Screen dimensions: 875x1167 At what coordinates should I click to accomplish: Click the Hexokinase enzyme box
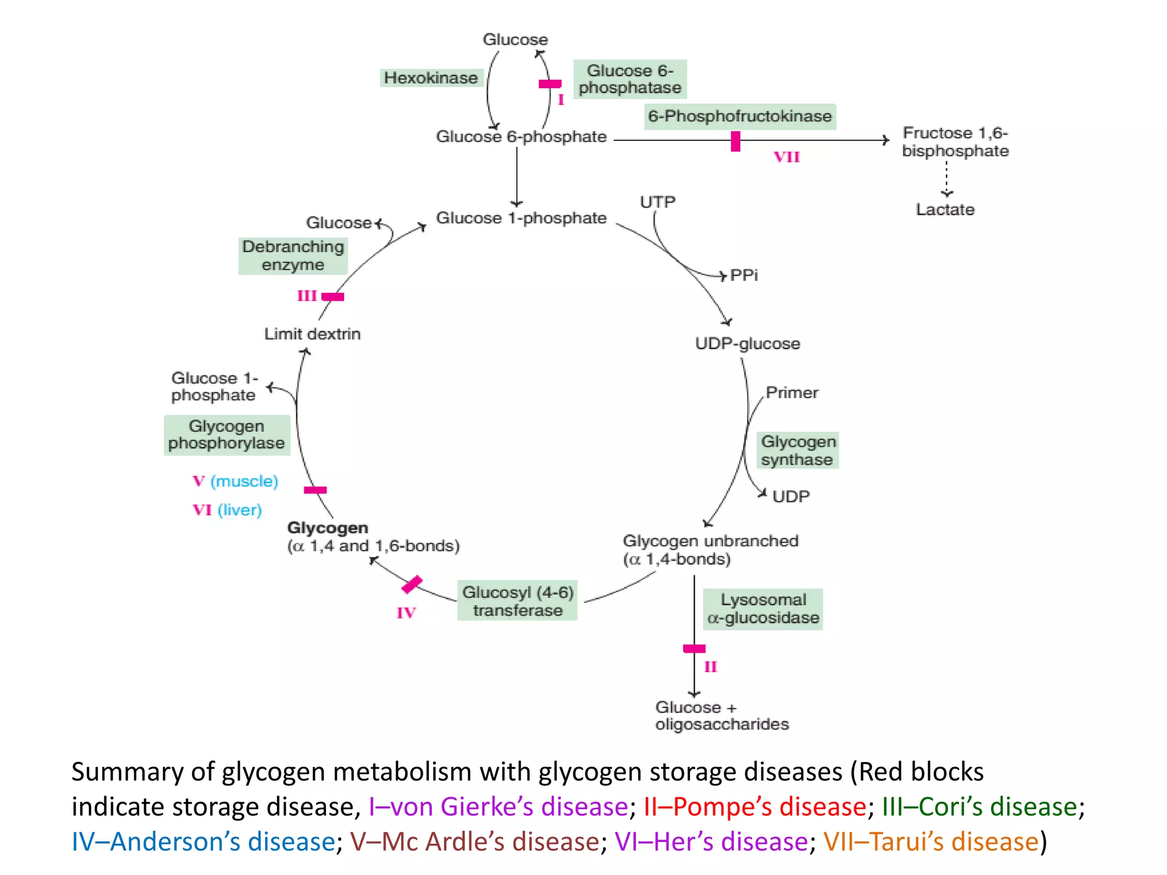pos(431,78)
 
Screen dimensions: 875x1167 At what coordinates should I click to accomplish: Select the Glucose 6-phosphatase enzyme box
pos(630,79)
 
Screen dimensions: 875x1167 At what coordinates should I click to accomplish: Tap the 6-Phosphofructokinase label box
pos(740,116)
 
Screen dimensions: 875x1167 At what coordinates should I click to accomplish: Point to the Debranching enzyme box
pos(293,256)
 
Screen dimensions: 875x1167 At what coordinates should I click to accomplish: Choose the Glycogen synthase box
pos(798,451)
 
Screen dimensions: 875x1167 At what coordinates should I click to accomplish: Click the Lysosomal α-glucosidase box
pos(763,609)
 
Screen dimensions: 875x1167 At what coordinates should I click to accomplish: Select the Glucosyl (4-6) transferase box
pos(517,601)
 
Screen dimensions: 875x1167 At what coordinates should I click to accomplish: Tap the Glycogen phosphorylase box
pos(227,435)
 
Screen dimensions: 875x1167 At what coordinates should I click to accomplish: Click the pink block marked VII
pos(736,141)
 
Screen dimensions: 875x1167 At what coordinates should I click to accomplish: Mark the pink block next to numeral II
pos(694,648)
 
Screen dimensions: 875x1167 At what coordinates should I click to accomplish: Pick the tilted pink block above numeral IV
pos(411,584)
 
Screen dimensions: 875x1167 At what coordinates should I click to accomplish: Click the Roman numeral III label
pos(307,296)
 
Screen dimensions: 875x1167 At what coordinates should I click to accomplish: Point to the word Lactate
pos(945,210)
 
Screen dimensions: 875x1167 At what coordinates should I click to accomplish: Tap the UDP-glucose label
pos(747,344)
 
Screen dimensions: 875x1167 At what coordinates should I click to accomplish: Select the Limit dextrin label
pos(312,334)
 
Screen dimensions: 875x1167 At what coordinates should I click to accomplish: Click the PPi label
pos(744,276)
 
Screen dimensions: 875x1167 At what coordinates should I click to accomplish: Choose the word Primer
pos(791,392)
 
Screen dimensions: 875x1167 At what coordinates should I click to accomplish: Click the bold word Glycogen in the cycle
pos(328,528)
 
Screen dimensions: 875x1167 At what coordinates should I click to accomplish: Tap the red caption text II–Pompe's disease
pos(755,807)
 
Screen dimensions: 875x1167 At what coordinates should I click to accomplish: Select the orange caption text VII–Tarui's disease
pos(931,841)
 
